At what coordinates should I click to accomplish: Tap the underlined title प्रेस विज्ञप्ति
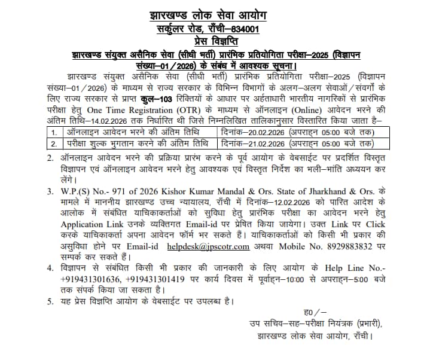pos(218,41)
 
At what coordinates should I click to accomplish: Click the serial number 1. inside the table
pos(54,132)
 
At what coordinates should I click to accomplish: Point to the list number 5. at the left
pos(50,301)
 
